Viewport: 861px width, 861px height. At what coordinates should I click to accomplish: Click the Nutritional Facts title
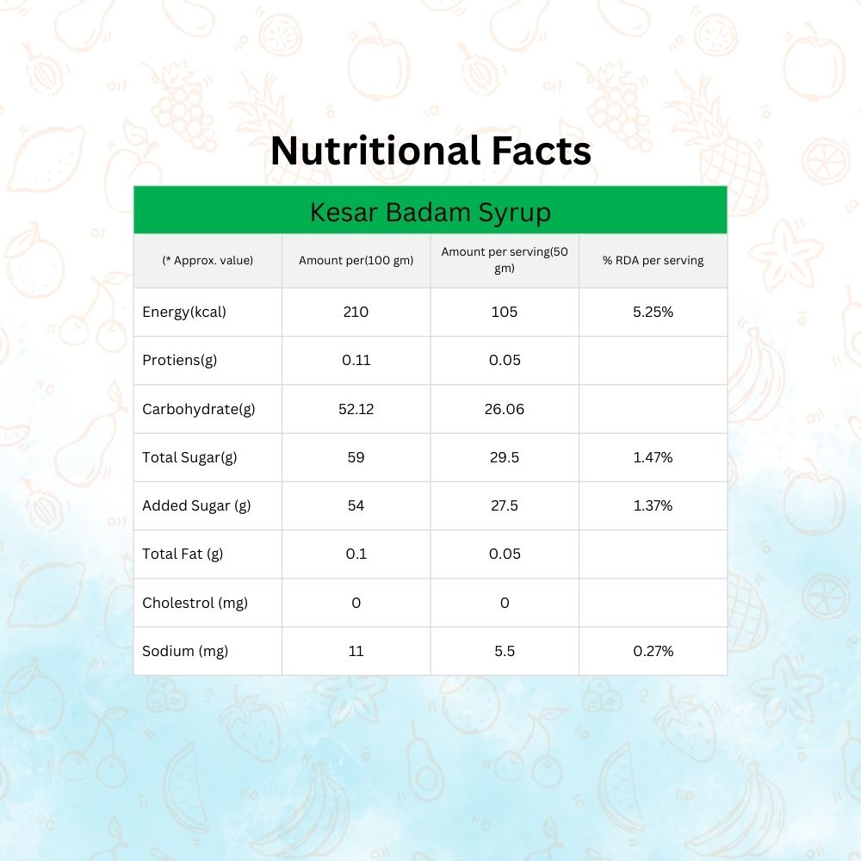coord(430,151)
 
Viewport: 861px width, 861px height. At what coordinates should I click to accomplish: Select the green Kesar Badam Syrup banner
coord(430,211)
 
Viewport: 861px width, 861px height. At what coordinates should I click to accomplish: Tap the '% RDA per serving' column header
coord(653,261)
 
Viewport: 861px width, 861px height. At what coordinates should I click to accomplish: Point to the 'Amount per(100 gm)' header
coord(356,261)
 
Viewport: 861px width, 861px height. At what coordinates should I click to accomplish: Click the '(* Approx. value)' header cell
coord(208,261)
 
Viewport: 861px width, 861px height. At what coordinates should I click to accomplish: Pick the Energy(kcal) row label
coord(184,312)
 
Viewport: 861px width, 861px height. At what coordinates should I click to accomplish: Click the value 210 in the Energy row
coord(356,312)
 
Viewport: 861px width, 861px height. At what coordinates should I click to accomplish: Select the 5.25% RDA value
coord(653,312)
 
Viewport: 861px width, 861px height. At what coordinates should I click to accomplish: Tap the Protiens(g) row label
coord(179,360)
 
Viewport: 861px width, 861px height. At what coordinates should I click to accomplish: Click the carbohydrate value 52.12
coord(356,409)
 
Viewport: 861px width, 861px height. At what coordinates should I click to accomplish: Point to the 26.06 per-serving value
coord(505,409)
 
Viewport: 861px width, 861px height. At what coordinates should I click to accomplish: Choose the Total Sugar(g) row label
coord(189,457)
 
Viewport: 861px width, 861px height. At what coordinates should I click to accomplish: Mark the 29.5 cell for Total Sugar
coord(505,457)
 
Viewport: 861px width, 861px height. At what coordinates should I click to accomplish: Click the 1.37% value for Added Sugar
coord(653,505)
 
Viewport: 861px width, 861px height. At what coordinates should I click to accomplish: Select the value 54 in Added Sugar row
coord(356,505)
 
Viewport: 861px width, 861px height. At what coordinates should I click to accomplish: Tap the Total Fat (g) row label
coord(183,554)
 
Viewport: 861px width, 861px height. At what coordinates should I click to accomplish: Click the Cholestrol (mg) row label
coord(195,603)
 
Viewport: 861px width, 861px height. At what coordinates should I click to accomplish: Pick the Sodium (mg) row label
coord(185,651)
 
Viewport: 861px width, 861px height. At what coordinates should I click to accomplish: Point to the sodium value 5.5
coord(505,651)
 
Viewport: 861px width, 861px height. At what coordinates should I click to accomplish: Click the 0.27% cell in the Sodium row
coord(653,651)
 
